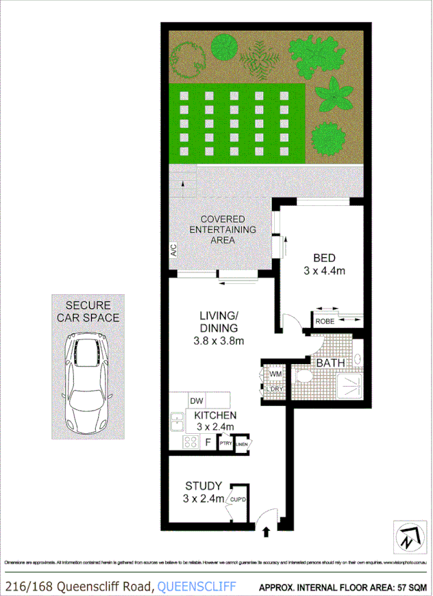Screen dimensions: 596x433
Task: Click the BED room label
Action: pyautogui.click(x=324, y=258)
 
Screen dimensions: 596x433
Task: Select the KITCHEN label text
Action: pyautogui.click(x=215, y=415)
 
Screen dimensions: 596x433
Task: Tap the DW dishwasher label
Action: pyautogui.click(x=196, y=400)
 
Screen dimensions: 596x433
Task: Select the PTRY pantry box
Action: pyautogui.click(x=225, y=444)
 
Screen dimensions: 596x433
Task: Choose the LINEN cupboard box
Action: pyautogui.click(x=241, y=444)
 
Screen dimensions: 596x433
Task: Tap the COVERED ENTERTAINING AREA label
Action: pyautogui.click(x=223, y=229)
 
